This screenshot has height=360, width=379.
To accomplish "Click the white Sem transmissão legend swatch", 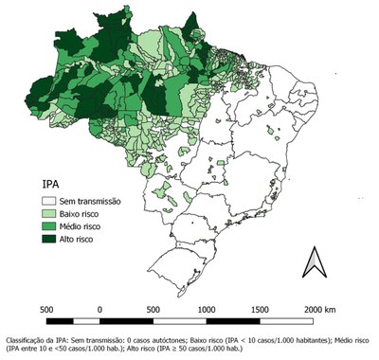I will tap(50, 201).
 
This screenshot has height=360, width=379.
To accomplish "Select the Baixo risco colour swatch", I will tap(50, 214).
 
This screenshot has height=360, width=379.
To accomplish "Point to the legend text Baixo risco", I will tap(85, 214).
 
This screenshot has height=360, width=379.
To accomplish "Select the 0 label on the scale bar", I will tap(99, 309).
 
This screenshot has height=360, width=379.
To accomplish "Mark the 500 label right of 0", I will tap(153, 309).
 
